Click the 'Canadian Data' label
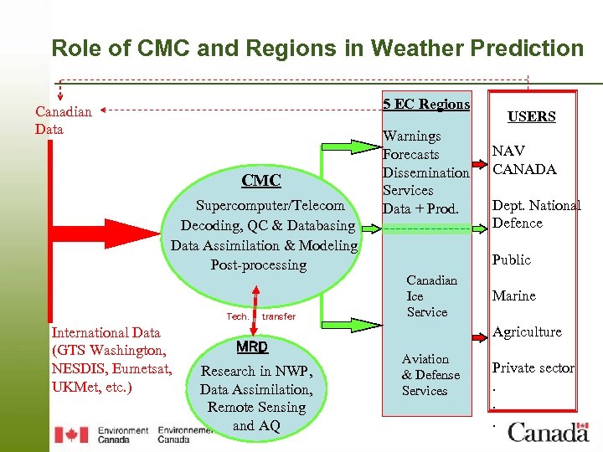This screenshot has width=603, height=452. [x=63, y=120]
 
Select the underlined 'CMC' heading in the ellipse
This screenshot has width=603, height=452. [x=261, y=181]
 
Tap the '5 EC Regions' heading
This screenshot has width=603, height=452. [x=426, y=104]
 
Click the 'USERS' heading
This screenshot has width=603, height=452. [x=532, y=116]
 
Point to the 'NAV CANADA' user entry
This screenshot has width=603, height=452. [x=524, y=160]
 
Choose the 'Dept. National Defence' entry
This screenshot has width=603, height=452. [x=536, y=214]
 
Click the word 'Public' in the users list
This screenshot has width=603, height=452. [x=512, y=259]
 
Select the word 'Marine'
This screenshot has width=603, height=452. [x=514, y=295]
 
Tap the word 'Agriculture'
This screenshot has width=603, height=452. [x=527, y=331]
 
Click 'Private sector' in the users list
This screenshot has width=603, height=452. [x=533, y=367]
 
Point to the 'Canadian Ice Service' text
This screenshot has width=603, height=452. [x=430, y=296]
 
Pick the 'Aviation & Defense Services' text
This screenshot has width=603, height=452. [x=430, y=375]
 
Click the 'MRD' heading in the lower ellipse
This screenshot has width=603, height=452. [x=252, y=347]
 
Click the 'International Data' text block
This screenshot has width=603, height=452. [x=111, y=360]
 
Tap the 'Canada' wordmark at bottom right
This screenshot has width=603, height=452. [x=549, y=432]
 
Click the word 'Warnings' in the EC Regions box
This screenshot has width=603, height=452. [x=411, y=136]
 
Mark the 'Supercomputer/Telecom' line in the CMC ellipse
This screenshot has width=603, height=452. [x=270, y=205]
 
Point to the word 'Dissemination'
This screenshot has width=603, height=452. [x=425, y=172]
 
